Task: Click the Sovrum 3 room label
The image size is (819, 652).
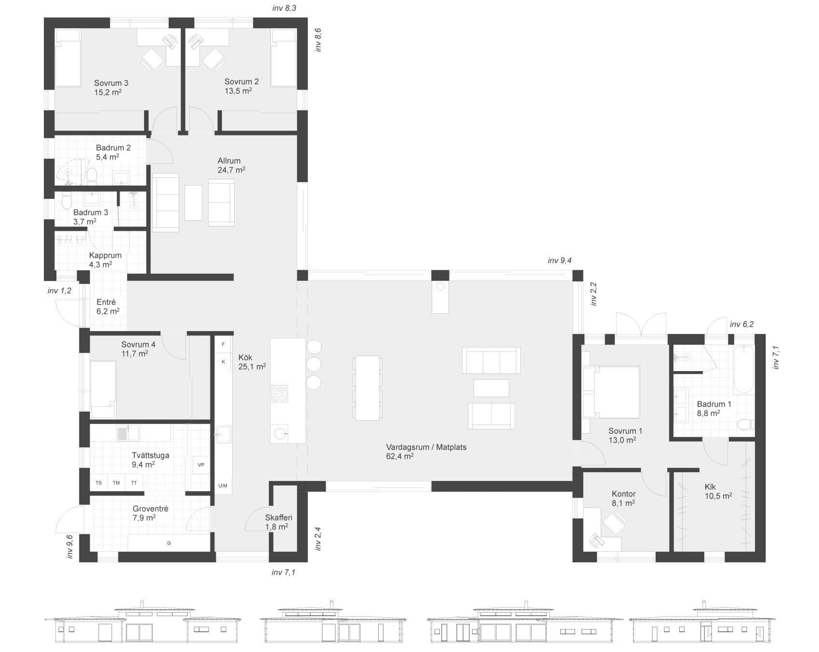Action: [x=111, y=83]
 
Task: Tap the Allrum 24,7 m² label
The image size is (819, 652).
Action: [x=231, y=165]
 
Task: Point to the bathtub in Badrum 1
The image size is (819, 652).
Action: [x=743, y=369]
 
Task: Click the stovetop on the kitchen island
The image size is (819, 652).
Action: [x=279, y=393]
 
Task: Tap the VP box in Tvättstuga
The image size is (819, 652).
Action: [x=201, y=465]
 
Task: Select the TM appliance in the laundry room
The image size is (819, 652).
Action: [x=116, y=483]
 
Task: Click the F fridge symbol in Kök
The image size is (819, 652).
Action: [x=223, y=345]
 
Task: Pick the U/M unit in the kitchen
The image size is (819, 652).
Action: [x=223, y=486]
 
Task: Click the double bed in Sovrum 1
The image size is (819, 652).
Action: [x=611, y=392]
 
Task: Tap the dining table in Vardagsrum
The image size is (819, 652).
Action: [x=368, y=388]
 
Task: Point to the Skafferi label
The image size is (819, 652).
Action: [x=278, y=522]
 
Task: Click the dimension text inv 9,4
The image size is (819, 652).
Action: [x=559, y=261]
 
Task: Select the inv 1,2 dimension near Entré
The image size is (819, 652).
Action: [x=59, y=291]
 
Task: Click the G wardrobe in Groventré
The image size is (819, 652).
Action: [x=169, y=543]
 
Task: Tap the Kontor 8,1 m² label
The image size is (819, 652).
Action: [x=623, y=498]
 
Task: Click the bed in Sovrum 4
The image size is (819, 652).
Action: [x=103, y=389]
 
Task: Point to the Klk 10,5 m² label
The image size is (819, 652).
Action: [x=718, y=491]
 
